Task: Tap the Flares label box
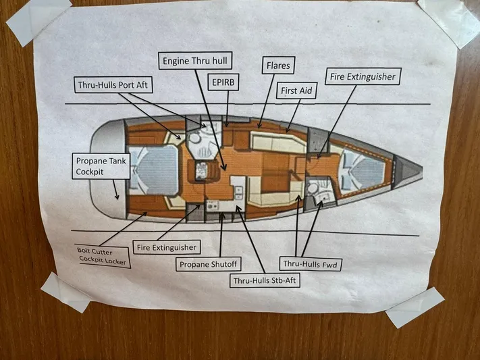pos(277,66)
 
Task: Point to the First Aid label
pos(296,90)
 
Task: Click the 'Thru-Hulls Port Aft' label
pos(113,84)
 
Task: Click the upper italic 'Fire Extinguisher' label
pos(361,77)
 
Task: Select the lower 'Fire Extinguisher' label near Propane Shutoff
pos(165,247)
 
